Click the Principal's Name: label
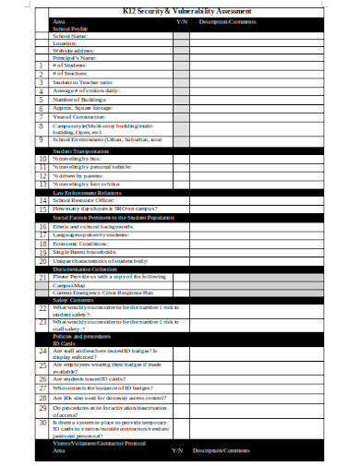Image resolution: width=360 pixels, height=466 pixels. [75, 58]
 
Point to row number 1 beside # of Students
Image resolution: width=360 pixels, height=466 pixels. [42, 66]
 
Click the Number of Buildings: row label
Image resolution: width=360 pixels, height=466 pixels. [81, 100]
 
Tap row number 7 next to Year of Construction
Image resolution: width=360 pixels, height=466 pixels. [42, 117]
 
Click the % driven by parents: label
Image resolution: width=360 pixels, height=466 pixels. [78, 174]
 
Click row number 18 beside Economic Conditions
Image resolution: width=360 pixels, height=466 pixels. [42, 244]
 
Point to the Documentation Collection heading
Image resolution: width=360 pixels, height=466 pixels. [88, 269]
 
